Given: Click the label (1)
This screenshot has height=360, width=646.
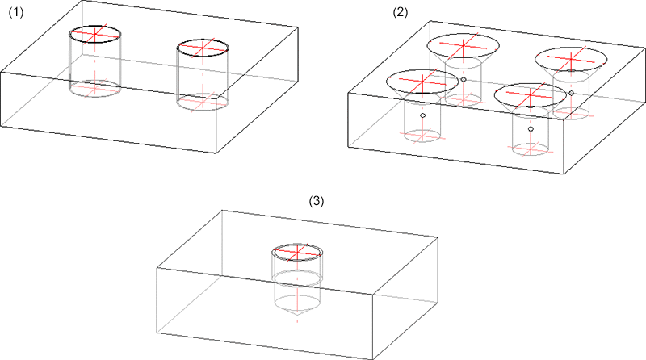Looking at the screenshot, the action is pyautogui.click(x=16, y=13).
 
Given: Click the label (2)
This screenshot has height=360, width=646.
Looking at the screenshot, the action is pyautogui.click(x=400, y=13).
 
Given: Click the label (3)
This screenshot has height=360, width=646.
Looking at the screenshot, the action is pyautogui.click(x=317, y=202).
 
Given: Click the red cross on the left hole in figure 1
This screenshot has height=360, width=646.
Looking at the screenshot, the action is pyautogui.click(x=95, y=34).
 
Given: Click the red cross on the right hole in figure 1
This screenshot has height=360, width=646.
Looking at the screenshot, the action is pyautogui.click(x=203, y=48).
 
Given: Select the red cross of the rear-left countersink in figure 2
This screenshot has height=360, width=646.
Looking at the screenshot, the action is pyautogui.click(x=463, y=45).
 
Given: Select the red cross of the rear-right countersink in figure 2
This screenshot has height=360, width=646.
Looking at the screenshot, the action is pyautogui.click(x=571, y=59).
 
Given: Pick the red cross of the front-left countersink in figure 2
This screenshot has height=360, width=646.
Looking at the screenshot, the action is pyautogui.click(x=422, y=82).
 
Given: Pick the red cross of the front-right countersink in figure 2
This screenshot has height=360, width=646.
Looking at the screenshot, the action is pyautogui.click(x=531, y=95).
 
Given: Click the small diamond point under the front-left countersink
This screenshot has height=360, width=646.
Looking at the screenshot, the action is pyautogui.click(x=422, y=115).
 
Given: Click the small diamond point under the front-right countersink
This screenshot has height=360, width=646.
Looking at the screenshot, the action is pyautogui.click(x=531, y=129).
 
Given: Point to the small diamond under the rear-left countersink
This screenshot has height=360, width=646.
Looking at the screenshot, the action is pyautogui.click(x=464, y=79).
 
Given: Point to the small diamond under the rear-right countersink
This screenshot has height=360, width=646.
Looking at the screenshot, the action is pyautogui.click(x=572, y=93).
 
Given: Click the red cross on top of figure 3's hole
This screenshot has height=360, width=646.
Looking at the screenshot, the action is pyautogui.click(x=297, y=252).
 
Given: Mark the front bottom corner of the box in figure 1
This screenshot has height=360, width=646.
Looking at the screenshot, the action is pyautogui.click(x=216, y=153).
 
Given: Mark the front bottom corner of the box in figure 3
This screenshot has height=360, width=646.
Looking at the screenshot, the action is pyautogui.click(x=373, y=358).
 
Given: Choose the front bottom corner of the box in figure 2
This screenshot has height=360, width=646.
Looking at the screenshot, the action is pyautogui.click(x=564, y=174).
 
